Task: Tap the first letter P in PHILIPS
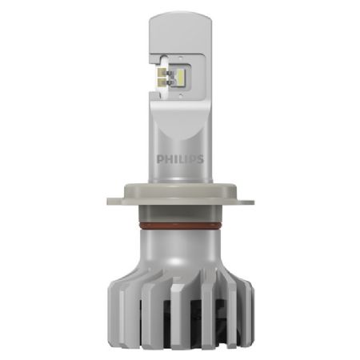(x=162, y=158)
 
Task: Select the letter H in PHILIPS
(x=168, y=158)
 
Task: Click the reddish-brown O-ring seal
(x=180, y=230)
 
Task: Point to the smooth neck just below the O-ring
(x=180, y=244)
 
